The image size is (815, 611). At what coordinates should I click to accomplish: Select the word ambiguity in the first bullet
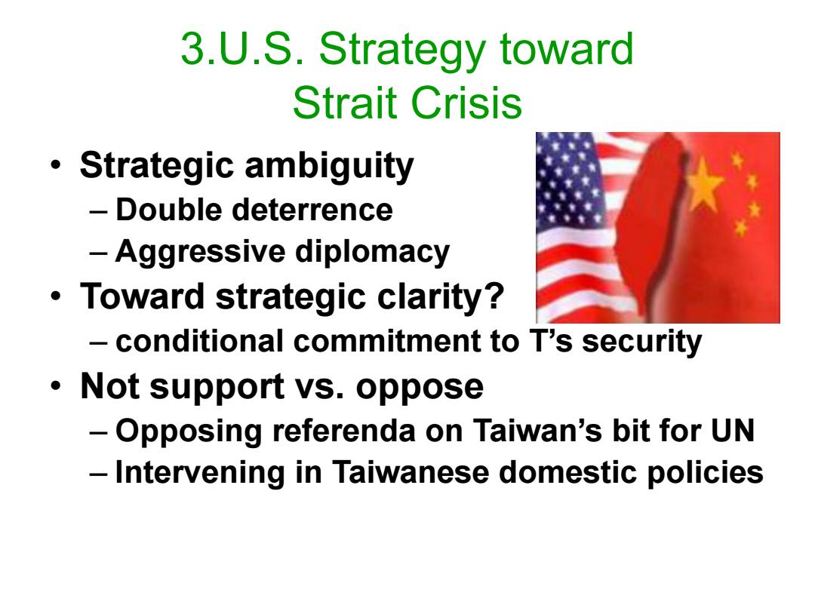pos(329,167)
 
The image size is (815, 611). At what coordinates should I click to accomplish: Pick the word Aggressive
pos(200,253)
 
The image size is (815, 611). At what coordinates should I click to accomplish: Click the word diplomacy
pos(373,253)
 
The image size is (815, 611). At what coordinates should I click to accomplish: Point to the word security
pos(642,342)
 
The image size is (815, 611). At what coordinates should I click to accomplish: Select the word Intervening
pos(200,473)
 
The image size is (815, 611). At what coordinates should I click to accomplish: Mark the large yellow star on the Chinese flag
pos(703,184)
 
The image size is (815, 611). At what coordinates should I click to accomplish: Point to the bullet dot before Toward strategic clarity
pos(56,296)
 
